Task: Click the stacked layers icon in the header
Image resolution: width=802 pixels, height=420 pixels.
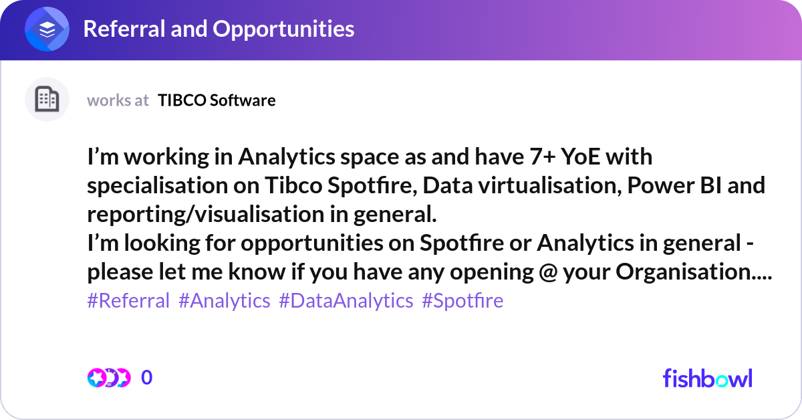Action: [x=47, y=29]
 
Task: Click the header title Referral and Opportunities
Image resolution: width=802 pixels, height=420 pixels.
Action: [x=219, y=29]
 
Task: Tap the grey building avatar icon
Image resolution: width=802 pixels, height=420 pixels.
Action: [x=47, y=100]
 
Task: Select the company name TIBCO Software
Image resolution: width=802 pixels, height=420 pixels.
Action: [x=217, y=100]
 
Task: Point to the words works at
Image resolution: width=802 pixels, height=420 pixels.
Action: [x=118, y=100]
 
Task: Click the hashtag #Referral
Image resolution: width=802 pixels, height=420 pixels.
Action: [x=128, y=301]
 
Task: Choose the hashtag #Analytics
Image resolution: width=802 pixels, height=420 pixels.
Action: [x=225, y=301]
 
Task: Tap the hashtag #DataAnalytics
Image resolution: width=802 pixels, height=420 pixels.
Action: [x=346, y=301]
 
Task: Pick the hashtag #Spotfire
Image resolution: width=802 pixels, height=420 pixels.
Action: [x=462, y=301]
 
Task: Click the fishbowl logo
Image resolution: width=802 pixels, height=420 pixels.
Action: [x=707, y=378]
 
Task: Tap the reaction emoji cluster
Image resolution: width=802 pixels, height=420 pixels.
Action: [x=108, y=378]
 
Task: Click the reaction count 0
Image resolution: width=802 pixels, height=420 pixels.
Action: [x=147, y=378]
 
